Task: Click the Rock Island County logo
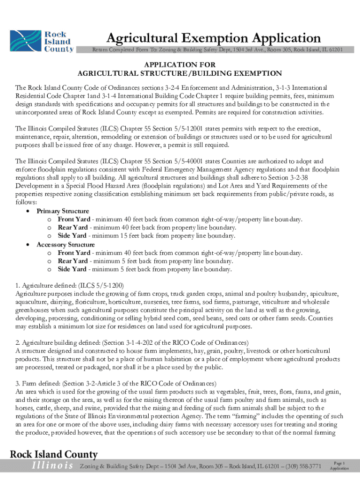(x=42, y=42)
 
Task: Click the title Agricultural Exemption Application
(x=213, y=38)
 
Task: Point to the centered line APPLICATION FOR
(x=180, y=65)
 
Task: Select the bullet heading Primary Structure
(x=63, y=211)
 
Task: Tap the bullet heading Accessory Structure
(x=65, y=245)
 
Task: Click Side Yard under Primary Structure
(x=72, y=236)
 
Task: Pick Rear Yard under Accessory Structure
(x=72, y=261)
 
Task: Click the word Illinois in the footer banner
(x=52, y=465)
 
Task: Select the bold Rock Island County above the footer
(x=54, y=454)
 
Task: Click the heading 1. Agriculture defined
(x=70, y=285)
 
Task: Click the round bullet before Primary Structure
(x=29, y=211)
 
